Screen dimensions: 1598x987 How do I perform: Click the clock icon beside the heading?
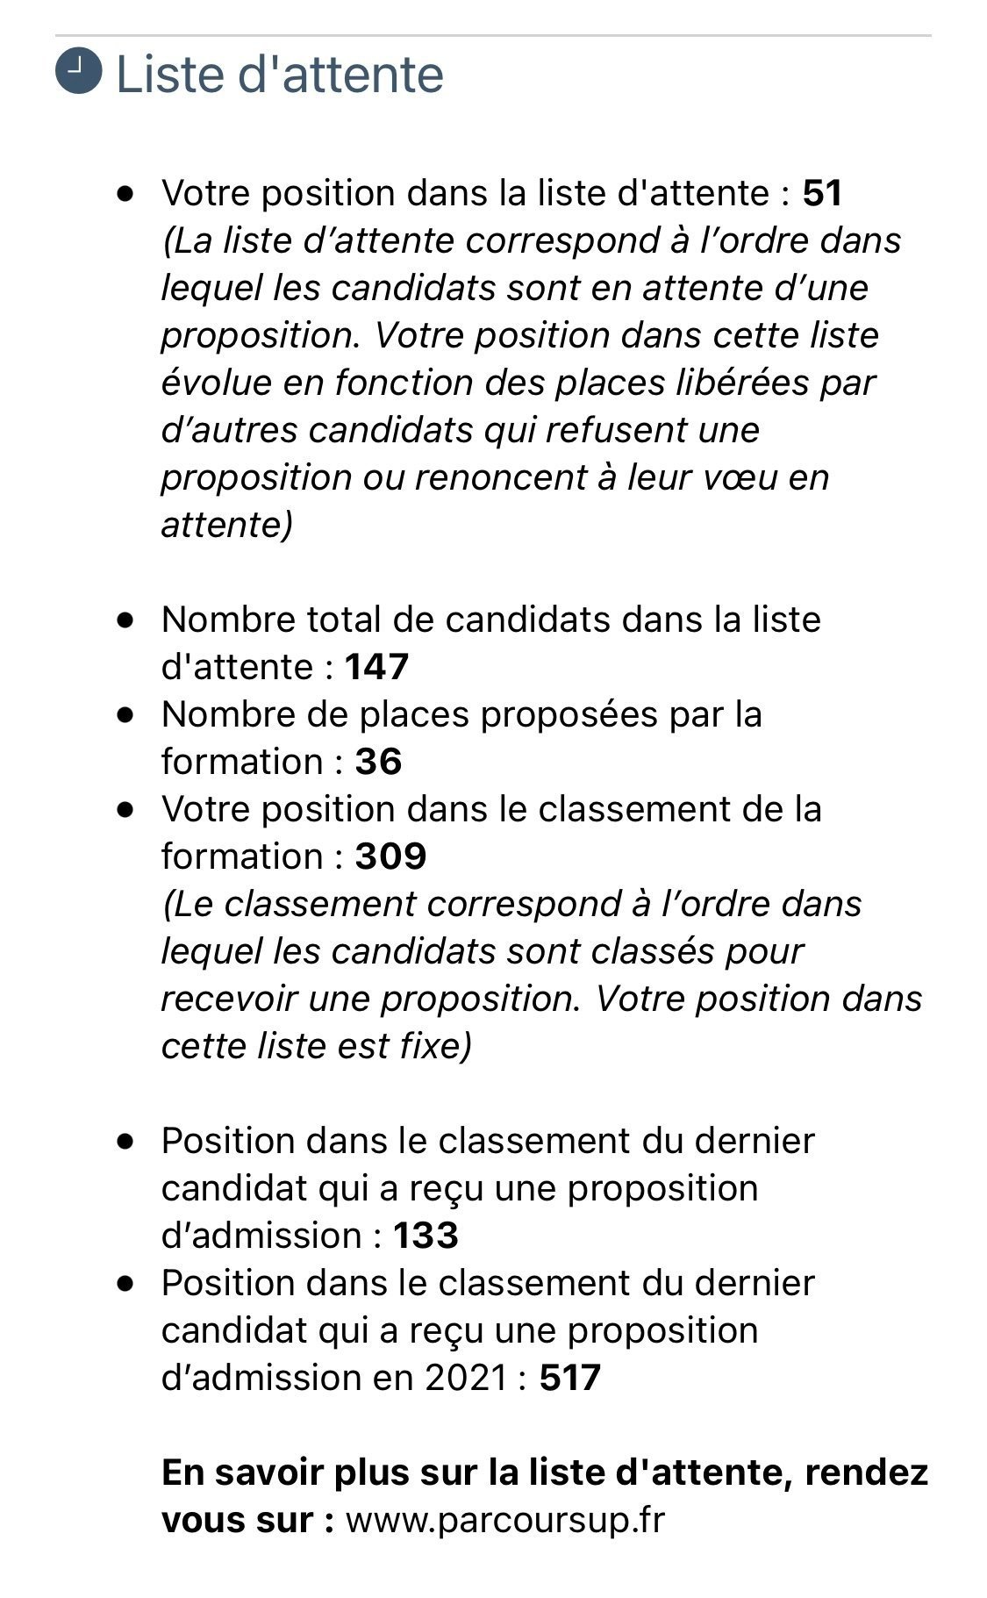78,72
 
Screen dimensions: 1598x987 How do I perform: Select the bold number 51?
822,193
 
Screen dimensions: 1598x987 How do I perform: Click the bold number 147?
376,667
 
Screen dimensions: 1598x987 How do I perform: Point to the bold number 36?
378,762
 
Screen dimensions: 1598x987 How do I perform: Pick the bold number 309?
390,856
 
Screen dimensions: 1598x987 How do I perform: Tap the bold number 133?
426,1236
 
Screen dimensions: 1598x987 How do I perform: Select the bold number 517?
570,1378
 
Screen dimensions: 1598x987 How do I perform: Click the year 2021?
466,1378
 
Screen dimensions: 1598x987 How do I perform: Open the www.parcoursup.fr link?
505,1520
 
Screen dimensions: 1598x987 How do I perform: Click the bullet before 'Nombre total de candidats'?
126,620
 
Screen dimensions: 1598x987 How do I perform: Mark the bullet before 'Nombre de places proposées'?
126,714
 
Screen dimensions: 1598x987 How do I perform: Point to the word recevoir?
223,1000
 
